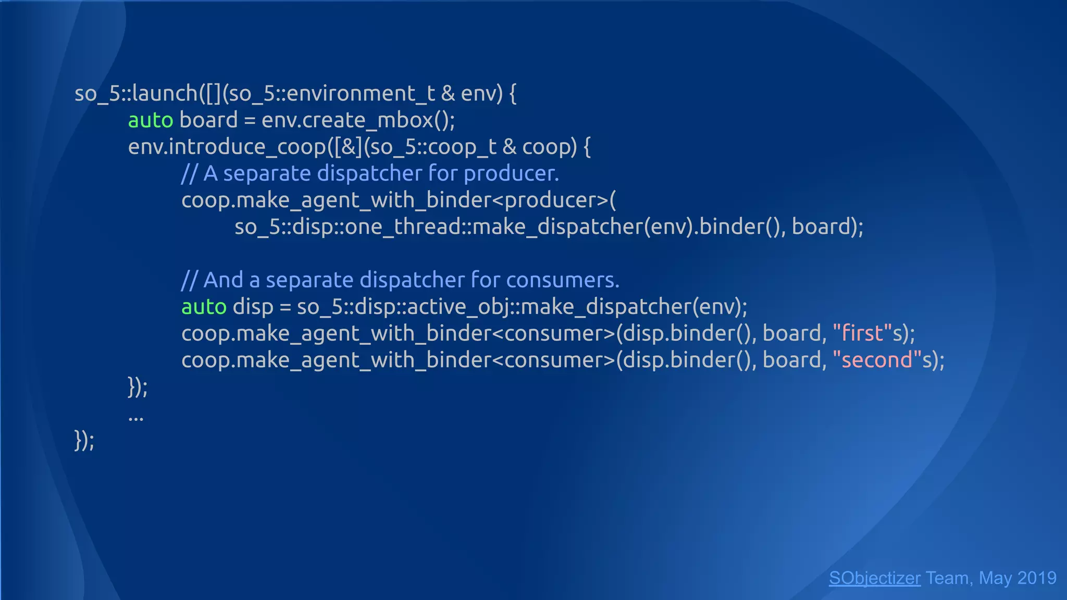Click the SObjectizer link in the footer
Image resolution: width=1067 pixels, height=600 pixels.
[874, 578]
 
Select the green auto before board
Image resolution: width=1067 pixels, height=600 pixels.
[151, 120]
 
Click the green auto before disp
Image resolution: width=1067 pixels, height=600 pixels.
[204, 307]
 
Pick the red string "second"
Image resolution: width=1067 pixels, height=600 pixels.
[877, 360]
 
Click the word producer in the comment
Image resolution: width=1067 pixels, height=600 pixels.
[511, 173]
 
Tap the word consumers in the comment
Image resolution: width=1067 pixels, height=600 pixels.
[562, 280]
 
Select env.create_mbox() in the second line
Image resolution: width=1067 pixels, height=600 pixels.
[357, 120]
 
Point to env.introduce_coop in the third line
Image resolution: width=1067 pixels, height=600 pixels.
[227, 147]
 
